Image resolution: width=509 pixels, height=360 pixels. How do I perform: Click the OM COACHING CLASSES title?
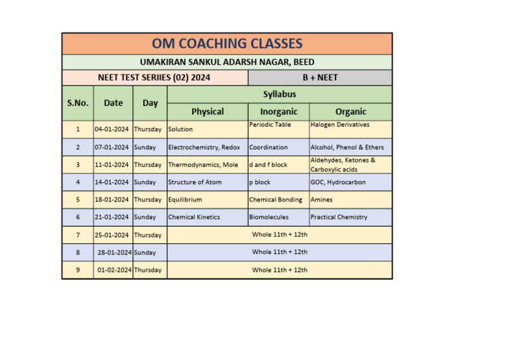pos(227,44)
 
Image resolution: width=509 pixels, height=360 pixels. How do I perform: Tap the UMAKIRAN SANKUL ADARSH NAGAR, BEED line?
pos(227,62)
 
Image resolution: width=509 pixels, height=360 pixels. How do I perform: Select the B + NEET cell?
pos(320,78)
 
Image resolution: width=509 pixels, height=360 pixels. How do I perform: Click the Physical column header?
pos(207,111)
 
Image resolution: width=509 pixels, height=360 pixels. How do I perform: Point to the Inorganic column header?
pos(278,111)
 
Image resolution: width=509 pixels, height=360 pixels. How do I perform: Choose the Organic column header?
pos(351,111)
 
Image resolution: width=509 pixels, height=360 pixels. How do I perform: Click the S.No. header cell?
pos(78,103)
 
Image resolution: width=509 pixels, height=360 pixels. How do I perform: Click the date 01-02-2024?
pos(114,270)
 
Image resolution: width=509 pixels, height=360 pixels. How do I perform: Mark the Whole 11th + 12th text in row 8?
pos(280,252)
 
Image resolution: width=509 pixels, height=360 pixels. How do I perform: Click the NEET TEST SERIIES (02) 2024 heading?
pos(154,78)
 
